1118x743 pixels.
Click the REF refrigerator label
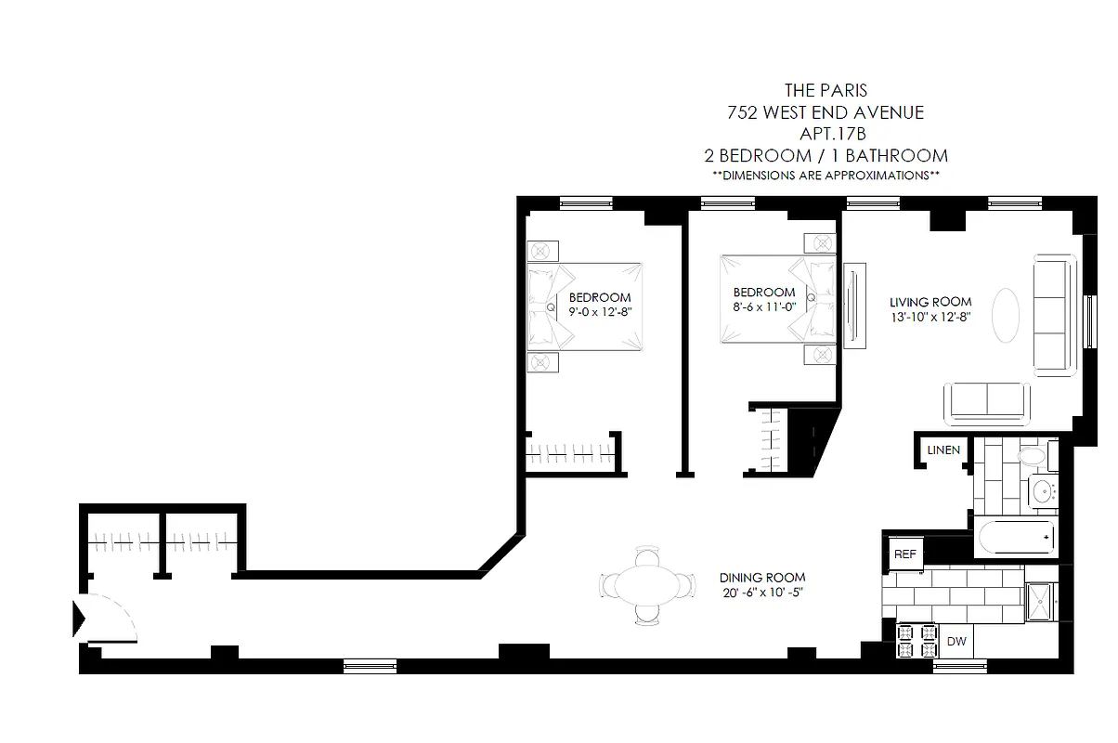904,554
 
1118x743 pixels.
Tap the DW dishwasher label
955,641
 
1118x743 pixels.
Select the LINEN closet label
943,450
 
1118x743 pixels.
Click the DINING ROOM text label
762,577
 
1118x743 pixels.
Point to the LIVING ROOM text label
930,302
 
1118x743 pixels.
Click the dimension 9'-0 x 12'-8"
600,313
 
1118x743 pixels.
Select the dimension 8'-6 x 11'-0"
763,306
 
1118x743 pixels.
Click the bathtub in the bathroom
1016,539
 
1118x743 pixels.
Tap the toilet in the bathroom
1032,457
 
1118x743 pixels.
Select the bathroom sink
1044,491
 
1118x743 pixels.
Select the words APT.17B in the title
825,134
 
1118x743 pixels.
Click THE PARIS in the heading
825,91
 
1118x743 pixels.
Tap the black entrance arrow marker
80,618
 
